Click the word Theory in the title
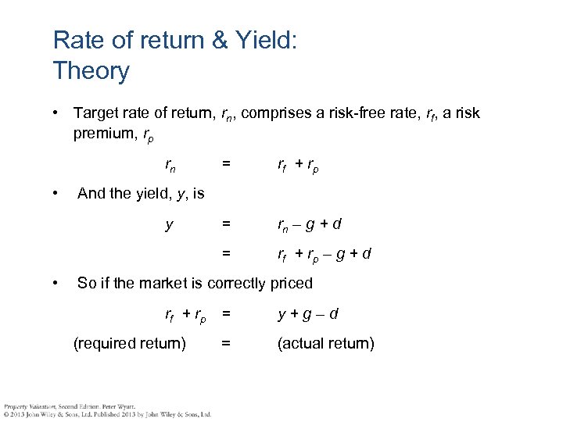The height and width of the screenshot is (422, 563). (x=91, y=71)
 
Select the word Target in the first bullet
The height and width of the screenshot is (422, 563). (x=97, y=114)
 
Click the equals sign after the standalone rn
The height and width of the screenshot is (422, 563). (x=225, y=164)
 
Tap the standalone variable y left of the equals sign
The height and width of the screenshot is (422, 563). (x=170, y=225)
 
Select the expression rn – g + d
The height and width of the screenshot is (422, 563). (x=309, y=225)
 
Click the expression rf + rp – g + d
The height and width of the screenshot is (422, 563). (x=324, y=254)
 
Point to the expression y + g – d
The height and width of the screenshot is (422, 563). (x=307, y=314)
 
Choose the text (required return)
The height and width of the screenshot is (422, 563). (x=129, y=342)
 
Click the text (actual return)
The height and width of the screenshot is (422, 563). (x=326, y=342)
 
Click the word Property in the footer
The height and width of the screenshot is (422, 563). (x=16, y=406)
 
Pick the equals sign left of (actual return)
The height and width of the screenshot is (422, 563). (x=225, y=342)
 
